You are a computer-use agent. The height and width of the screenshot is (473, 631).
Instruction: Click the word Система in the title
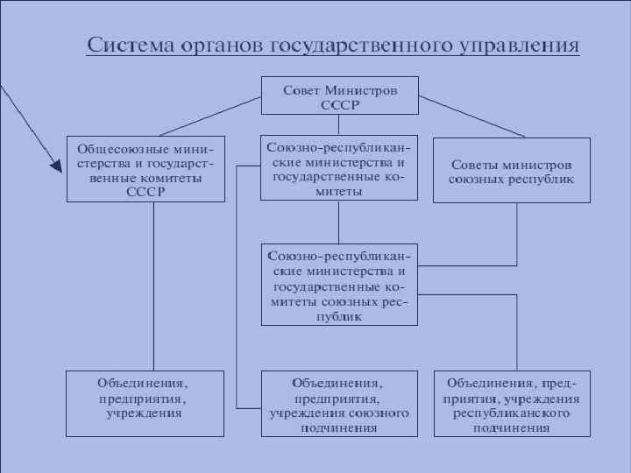pos(131,45)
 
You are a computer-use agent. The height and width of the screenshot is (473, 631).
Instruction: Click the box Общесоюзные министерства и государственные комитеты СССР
pos(145,169)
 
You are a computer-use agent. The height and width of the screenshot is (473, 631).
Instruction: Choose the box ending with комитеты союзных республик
pos(340,286)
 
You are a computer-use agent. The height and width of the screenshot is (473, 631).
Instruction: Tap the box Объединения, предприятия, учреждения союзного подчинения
pos(340,405)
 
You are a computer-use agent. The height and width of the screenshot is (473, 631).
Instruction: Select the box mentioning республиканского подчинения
pos(512,405)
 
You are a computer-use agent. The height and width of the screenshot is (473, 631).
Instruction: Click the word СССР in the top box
pos(340,104)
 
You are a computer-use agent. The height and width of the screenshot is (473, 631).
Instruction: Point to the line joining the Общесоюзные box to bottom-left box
pos(154,289)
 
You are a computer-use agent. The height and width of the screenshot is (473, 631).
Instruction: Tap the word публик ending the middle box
pos(340,317)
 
